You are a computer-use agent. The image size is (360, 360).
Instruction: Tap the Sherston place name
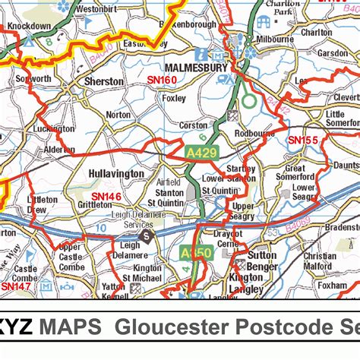[103, 81]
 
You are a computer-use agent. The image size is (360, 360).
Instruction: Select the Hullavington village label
[116, 173]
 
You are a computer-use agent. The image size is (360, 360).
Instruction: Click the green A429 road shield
[202, 153]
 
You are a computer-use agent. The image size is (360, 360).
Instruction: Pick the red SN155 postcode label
[302, 141]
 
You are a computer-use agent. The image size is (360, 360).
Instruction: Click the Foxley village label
[174, 98]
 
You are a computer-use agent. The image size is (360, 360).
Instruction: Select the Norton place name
[118, 115]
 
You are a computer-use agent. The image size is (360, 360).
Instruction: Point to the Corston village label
[193, 125]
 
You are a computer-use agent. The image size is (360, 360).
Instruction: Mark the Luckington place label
[54, 129]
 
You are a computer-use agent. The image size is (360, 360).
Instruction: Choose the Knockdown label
[30, 25]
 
